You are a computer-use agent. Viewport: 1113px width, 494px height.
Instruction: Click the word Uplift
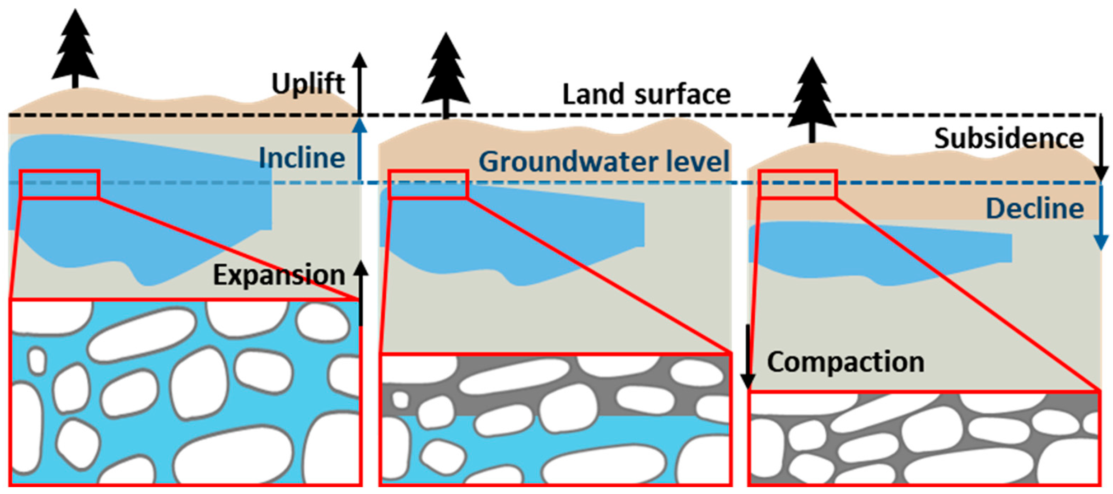click(308, 84)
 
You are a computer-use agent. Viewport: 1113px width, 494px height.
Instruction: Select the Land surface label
click(646, 94)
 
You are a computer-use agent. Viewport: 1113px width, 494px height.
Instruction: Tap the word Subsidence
click(1009, 138)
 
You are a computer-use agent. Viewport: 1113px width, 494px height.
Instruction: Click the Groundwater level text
click(604, 161)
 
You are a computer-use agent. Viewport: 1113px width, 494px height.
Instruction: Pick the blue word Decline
click(1035, 208)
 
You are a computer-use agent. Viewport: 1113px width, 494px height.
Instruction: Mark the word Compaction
click(845, 362)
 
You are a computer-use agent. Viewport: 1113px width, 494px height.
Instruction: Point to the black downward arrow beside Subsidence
click(1101, 147)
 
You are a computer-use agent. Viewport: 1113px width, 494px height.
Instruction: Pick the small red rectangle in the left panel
click(59, 184)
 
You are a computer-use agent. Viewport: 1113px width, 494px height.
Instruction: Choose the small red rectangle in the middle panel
click(428, 184)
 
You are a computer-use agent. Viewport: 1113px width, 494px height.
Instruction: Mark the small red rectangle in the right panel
click(798, 184)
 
